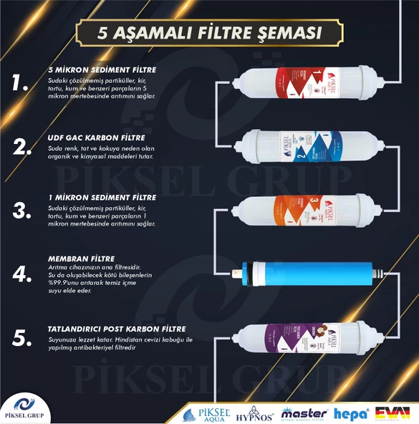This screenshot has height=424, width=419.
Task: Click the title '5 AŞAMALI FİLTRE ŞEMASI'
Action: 209,34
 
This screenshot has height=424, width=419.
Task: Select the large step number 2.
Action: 21,147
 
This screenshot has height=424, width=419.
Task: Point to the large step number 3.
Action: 21,209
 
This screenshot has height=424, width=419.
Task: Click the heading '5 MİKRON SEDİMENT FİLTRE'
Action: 102,69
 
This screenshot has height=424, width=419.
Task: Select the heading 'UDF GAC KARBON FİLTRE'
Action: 96,137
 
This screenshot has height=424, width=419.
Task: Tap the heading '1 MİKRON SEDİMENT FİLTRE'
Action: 102,197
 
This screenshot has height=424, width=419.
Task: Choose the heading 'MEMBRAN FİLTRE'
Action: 81,259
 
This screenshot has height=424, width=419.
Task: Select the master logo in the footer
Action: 305,413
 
